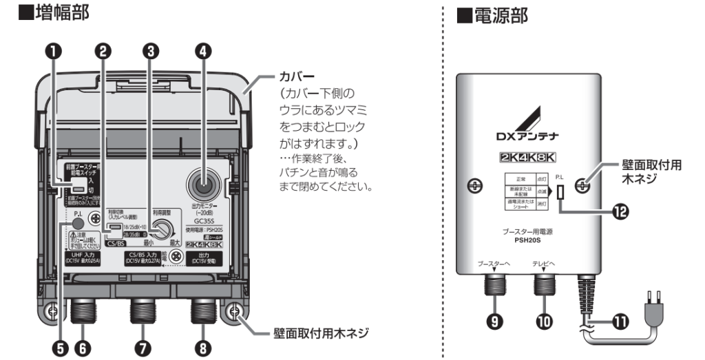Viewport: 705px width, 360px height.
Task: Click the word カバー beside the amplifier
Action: tap(297, 74)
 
